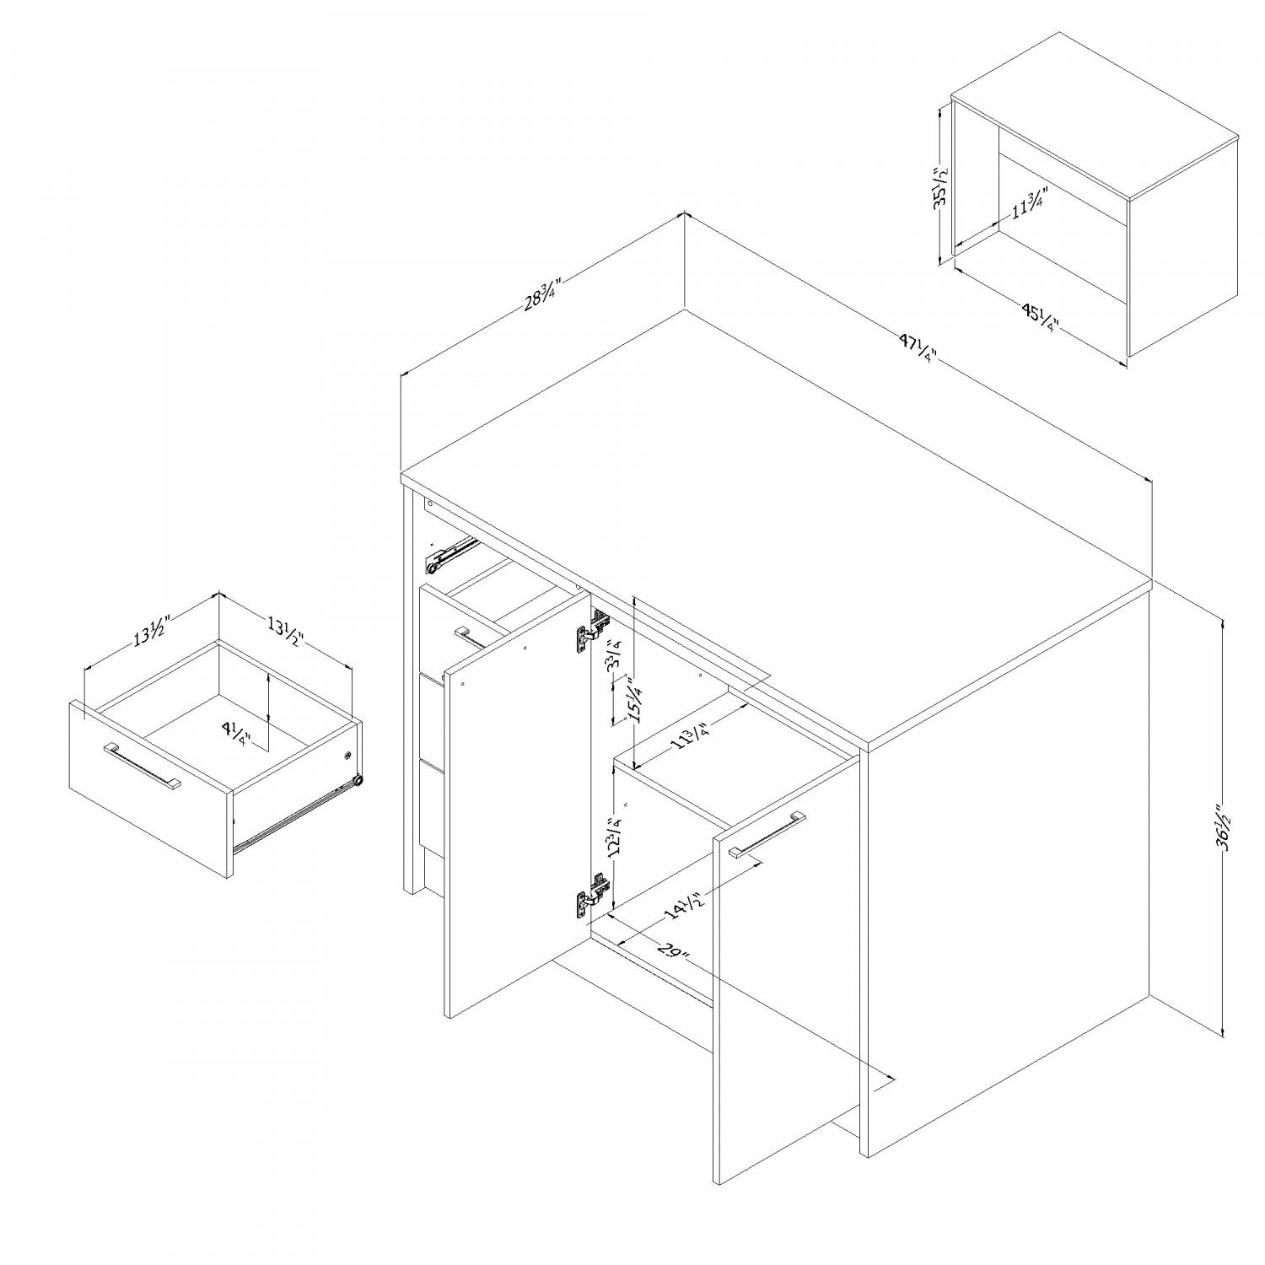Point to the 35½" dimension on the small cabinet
tap(941, 188)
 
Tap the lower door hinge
tap(592, 893)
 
